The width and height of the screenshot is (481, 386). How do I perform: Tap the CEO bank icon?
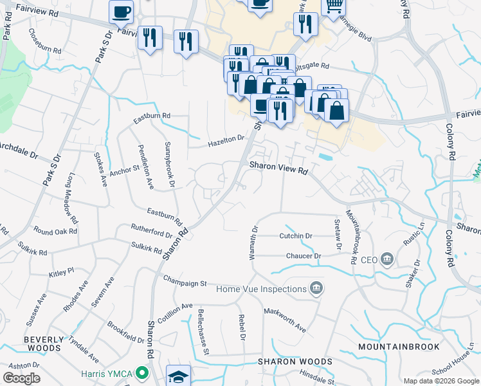tap(387, 260)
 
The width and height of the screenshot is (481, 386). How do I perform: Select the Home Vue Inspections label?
tap(261, 288)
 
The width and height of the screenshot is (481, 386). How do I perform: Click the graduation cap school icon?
tap(178, 376)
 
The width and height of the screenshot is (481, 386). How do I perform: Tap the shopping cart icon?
tap(333, 6)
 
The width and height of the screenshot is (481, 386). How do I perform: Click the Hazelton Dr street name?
tap(226, 141)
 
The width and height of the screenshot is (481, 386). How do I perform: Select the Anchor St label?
tap(124, 170)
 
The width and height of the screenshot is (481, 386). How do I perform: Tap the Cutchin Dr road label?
tap(295, 236)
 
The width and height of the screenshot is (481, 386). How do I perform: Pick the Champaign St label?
tap(185, 282)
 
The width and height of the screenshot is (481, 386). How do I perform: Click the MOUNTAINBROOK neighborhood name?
tap(399, 347)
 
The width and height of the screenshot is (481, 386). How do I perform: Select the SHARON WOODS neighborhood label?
tap(295, 362)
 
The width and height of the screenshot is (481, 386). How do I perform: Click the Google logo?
tap(21, 378)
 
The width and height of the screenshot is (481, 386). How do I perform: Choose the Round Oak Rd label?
tap(55, 230)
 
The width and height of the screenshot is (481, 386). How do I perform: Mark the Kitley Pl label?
tap(62, 273)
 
